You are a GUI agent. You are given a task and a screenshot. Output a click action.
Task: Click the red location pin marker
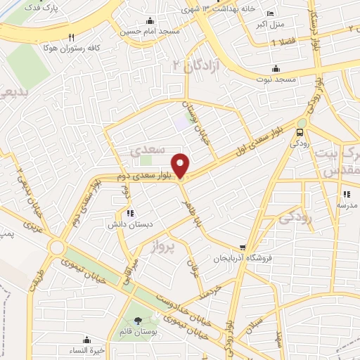(181, 165)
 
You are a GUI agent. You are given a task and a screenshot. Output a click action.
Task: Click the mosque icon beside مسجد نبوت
(275, 68)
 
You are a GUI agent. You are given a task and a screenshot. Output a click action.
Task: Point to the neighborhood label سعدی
(148, 150)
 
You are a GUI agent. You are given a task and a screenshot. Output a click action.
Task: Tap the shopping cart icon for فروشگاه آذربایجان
(243, 247)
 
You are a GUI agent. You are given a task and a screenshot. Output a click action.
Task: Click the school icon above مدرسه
(345, 195)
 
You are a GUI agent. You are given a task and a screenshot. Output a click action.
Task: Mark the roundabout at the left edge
(57, 248)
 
